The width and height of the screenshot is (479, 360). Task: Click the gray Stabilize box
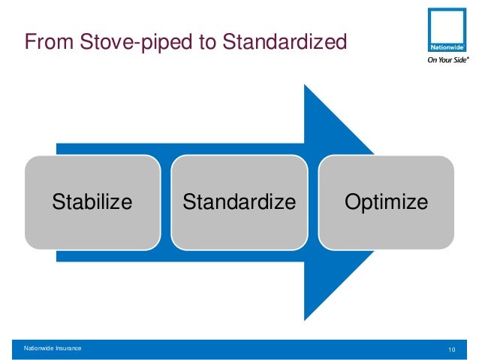(x=92, y=225)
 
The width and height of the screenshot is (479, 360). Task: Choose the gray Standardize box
(x=239, y=225)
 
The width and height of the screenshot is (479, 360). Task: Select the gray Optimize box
(x=386, y=225)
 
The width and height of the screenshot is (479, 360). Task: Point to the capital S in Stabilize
(x=58, y=202)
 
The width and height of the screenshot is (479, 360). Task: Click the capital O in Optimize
(x=351, y=202)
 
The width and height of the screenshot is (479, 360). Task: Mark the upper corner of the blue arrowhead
(x=305, y=86)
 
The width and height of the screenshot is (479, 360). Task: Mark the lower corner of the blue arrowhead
(x=305, y=319)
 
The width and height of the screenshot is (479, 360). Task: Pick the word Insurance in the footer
(x=71, y=349)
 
